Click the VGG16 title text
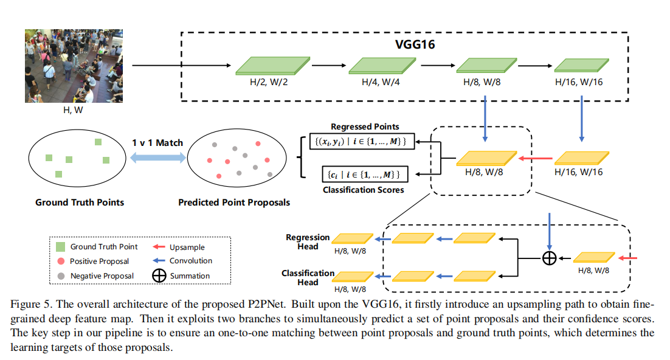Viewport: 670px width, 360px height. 415,44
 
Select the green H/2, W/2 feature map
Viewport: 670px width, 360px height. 272,66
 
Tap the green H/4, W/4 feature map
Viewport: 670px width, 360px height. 382,66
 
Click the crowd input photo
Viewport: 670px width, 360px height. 74,66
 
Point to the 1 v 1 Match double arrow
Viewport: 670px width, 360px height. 158,157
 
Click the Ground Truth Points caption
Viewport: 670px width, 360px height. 80,202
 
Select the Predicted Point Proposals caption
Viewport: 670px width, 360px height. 234,202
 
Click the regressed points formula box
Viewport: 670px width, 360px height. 362,142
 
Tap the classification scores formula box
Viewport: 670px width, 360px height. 365,175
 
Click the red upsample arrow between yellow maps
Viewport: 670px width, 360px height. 536,159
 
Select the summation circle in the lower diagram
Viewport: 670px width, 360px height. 549,258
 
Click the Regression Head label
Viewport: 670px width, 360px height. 308,241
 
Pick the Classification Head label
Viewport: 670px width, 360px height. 308,277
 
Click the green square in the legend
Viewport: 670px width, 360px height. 61,247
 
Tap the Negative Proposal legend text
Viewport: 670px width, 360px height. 102,276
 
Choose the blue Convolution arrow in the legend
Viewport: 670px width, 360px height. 159,260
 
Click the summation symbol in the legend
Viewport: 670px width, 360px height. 159,275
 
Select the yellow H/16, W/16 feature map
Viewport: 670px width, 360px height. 582,158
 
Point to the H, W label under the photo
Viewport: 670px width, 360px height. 73,110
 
